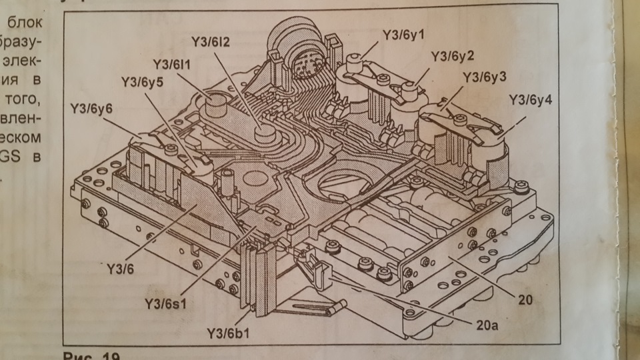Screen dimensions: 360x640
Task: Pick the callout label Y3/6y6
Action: (91, 107)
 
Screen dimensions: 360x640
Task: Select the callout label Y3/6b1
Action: (228, 332)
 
